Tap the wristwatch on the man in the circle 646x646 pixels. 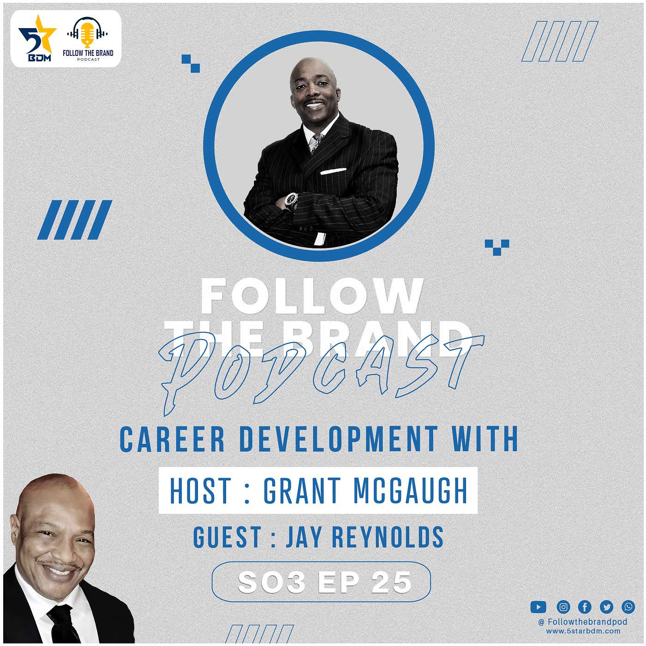click(x=291, y=201)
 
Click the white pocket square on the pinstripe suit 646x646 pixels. click(x=333, y=171)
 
